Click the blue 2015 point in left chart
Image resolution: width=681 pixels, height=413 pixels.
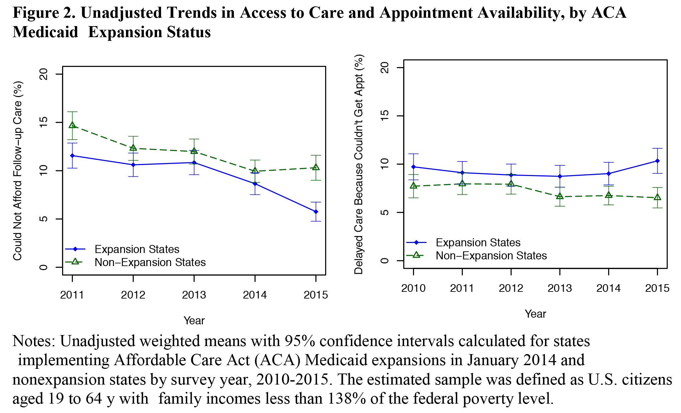click(x=316, y=212)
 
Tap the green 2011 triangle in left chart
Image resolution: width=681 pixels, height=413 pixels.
click(x=73, y=125)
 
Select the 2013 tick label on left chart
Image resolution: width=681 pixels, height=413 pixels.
click(x=194, y=295)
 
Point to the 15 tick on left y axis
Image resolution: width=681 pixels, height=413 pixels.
click(x=44, y=122)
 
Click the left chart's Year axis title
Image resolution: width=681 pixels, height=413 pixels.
click(x=194, y=321)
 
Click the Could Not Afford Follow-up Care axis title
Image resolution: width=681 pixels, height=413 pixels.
click(x=17, y=171)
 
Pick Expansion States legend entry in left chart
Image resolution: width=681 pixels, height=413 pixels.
click(x=137, y=249)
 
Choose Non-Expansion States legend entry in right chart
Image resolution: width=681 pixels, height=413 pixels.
click(x=491, y=256)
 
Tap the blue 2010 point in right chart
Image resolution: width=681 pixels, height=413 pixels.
click(x=413, y=167)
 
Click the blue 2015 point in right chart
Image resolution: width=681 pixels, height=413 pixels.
click(x=658, y=161)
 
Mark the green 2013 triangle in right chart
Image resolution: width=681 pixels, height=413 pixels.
click(x=560, y=196)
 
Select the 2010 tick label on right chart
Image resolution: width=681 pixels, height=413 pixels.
click(x=413, y=288)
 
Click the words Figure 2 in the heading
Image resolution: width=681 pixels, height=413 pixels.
click(x=43, y=13)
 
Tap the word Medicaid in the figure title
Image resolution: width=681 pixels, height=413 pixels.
click(x=45, y=32)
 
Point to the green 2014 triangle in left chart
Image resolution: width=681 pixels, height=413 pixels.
click(x=255, y=170)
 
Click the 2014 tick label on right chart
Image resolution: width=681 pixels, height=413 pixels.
click(x=608, y=288)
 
